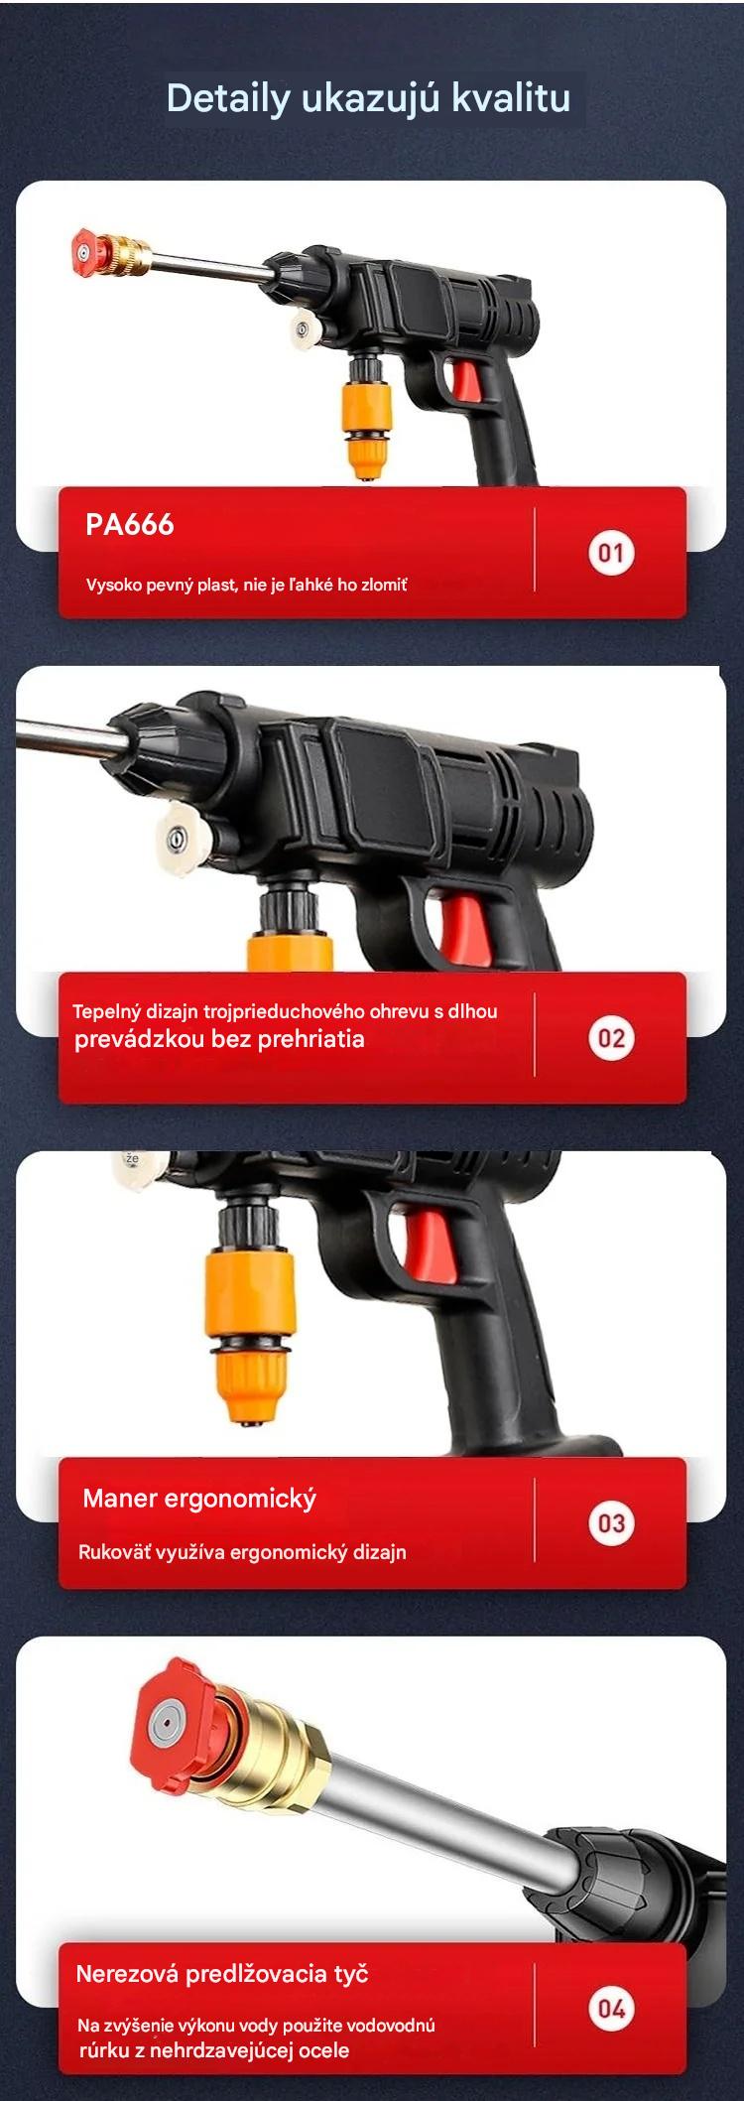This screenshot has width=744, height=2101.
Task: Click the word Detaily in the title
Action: click(228, 98)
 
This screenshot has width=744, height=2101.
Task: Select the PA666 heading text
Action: click(129, 524)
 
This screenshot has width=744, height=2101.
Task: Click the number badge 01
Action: click(611, 553)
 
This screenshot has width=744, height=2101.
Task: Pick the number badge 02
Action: click(611, 1038)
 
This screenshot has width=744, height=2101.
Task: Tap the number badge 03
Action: click(611, 1523)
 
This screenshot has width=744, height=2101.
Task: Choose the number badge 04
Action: click(611, 2009)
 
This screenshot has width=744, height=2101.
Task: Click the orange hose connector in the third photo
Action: click(248, 1329)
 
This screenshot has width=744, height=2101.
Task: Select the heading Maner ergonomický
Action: click(199, 1499)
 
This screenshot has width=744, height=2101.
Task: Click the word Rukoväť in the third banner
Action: click(115, 1551)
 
